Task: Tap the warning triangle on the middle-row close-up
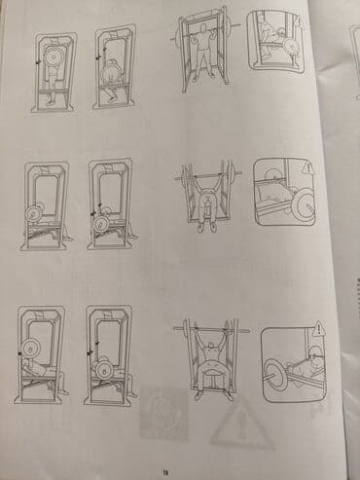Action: tap(308, 166)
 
